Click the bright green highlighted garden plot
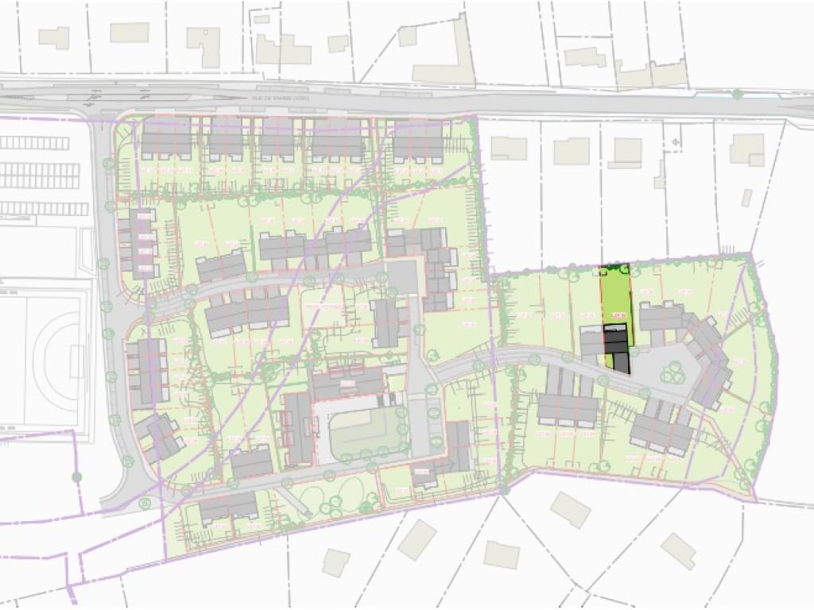[x=614, y=294]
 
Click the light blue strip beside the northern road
[x=711, y=96]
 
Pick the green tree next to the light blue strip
[x=737, y=95]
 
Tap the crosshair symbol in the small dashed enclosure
[x=675, y=141]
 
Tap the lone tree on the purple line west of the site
[x=76, y=477]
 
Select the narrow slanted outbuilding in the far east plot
[x=746, y=198]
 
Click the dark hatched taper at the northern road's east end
[x=795, y=110]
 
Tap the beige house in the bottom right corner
[x=678, y=550]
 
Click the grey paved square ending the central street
[x=401, y=277]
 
